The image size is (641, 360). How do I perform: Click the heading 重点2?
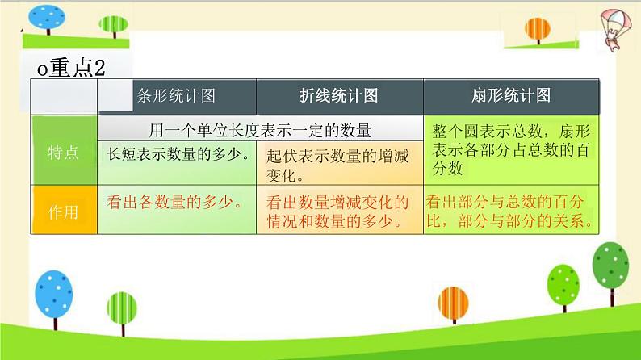click(x=72, y=68)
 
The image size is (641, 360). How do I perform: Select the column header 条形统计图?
click(x=176, y=95)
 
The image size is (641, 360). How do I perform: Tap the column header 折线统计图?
click(x=338, y=95)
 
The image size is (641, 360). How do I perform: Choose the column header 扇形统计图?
click(x=511, y=95)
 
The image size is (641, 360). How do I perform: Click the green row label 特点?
click(x=63, y=152)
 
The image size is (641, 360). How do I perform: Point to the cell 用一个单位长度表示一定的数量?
click(x=260, y=130)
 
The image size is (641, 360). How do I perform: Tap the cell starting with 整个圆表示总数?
click(x=511, y=149)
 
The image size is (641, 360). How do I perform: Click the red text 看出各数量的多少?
click(x=174, y=202)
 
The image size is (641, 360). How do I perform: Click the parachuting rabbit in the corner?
click(x=615, y=29)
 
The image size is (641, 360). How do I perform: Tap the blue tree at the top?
click(x=47, y=19)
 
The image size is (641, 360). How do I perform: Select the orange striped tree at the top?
click(x=538, y=30)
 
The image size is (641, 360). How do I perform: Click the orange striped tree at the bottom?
click(x=454, y=305)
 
